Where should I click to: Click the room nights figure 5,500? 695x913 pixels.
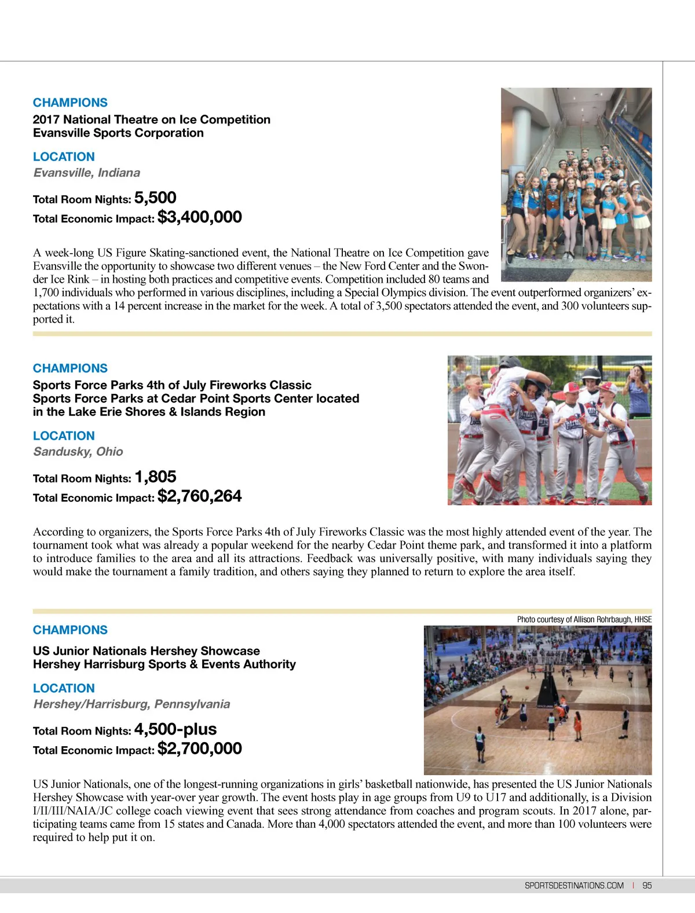coord(155,198)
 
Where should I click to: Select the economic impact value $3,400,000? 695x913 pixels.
coord(200,217)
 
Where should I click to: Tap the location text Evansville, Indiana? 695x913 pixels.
coord(87,173)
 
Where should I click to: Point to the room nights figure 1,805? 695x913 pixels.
coord(155,477)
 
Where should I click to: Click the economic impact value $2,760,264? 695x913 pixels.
coord(200,496)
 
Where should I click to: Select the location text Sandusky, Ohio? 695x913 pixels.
coord(78,452)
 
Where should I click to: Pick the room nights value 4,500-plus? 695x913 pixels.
coord(175,729)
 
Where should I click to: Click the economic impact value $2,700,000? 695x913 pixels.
coord(200,748)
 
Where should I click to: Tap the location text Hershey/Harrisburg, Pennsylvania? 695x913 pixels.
coord(131,704)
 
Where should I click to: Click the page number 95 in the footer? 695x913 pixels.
coord(647,886)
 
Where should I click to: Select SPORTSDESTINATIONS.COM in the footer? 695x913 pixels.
coord(574,886)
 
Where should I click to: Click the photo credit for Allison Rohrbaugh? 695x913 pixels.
coord(584,619)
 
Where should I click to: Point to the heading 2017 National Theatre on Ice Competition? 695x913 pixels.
coord(152,120)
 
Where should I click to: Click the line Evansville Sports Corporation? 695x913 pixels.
coord(118,133)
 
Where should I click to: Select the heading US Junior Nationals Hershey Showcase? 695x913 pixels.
coord(147,651)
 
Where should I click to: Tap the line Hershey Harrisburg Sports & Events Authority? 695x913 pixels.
coord(164,664)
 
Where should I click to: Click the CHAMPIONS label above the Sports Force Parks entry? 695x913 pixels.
coord(70,368)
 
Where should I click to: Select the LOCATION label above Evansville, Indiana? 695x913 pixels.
coord(64,157)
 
